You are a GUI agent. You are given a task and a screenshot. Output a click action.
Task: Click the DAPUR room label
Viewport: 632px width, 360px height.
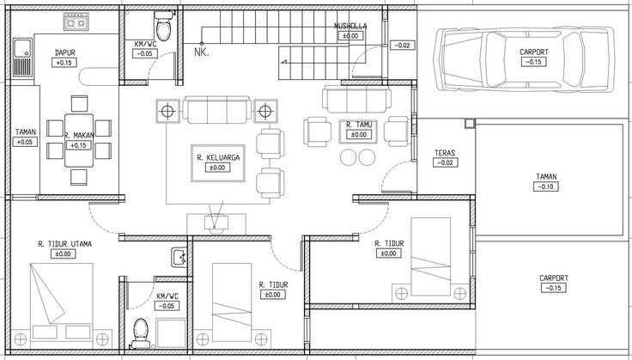point(63,52)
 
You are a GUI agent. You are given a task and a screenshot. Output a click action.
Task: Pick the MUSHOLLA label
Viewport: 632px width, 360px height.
point(350,26)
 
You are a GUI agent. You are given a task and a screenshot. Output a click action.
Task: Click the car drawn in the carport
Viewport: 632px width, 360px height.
point(523,58)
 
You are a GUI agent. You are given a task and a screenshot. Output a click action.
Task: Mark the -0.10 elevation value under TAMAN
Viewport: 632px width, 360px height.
point(546,186)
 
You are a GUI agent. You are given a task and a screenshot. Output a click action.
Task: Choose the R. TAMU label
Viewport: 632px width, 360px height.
point(359,125)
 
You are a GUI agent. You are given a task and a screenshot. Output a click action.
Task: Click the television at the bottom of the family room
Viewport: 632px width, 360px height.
point(216,223)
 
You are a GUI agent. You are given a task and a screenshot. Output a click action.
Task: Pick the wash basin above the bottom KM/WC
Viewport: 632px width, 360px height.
point(179,257)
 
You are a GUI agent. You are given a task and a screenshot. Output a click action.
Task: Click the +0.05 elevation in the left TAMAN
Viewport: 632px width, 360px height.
point(26,142)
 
